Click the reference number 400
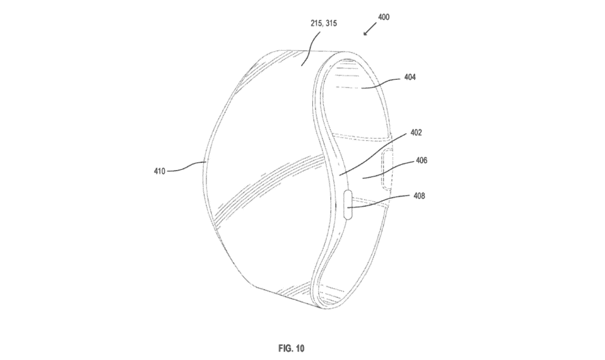pyautogui.click(x=384, y=17)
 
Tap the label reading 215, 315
pyautogui.click(x=324, y=23)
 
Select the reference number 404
pyautogui.click(x=410, y=77)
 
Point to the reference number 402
pyautogui.click(x=416, y=133)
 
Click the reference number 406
pyautogui.click(x=422, y=160)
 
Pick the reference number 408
pyautogui.click(x=419, y=196)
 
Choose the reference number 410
pyautogui.click(x=160, y=171)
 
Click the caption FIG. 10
pyautogui.click(x=292, y=348)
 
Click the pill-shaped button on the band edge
pyautogui.click(x=348, y=204)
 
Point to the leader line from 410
pyautogui.click(x=186, y=167)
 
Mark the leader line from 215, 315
pyautogui.click(x=311, y=49)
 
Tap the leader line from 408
pyautogui.click(x=379, y=202)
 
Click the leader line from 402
pyautogui.click(x=373, y=155)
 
